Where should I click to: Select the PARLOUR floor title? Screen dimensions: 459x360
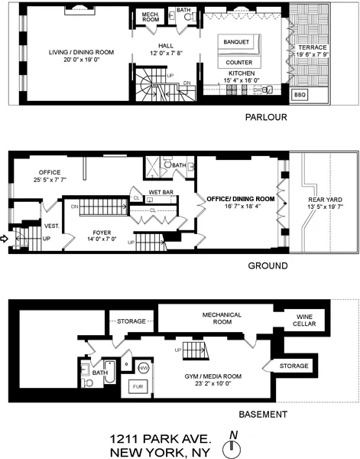pos(265,118)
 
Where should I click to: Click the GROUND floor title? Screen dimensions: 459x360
pos(267,266)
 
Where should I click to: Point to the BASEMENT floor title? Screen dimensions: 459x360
pos(262,415)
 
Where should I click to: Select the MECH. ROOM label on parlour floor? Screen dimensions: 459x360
pos(149,18)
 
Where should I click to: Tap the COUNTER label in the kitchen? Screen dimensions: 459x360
pos(240,61)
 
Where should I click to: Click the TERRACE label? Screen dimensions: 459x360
pos(309,47)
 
